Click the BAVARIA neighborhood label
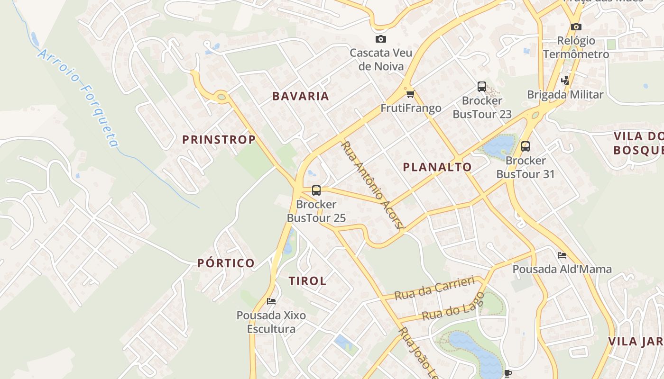300,96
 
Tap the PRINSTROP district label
219,139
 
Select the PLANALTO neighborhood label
437,167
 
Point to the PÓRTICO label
226,263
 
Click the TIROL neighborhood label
307,281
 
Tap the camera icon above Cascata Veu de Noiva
380,39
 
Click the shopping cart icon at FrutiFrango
410,94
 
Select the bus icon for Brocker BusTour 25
316,190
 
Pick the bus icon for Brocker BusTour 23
482,87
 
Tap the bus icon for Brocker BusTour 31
526,146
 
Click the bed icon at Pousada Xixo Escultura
271,301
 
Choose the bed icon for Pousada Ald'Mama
562,255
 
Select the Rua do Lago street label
453,307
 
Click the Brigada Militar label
565,94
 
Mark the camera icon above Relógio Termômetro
576,27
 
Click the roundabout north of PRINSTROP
221,97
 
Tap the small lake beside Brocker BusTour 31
499,146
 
